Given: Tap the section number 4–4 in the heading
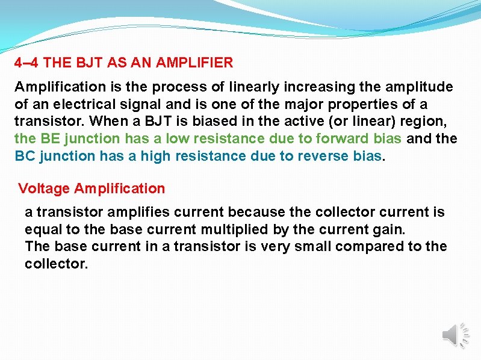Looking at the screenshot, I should pos(27,63).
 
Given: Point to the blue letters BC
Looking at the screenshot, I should pos(25,156).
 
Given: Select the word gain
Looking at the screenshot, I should pos(390,229).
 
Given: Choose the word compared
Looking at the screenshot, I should pos(370,246).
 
